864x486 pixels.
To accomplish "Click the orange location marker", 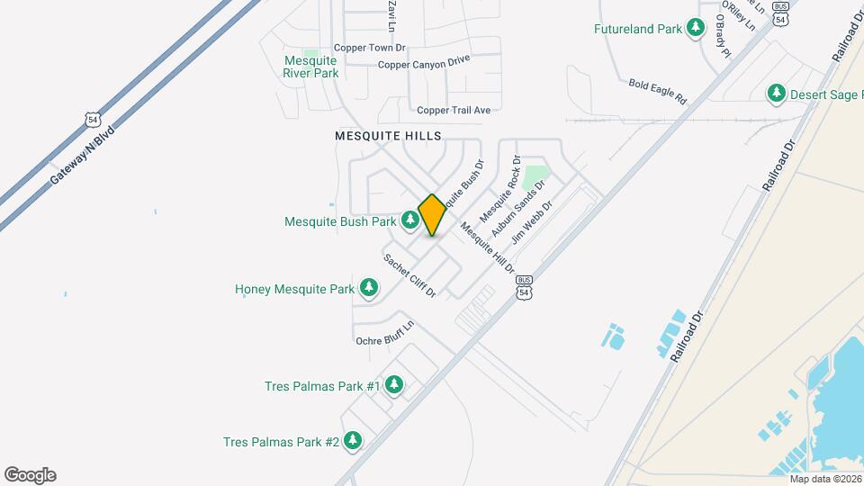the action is pyautogui.click(x=432, y=215).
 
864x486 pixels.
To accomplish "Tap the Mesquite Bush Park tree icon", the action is pyautogui.click(x=410, y=219).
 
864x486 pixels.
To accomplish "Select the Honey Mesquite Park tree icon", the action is pyautogui.click(x=368, y=288).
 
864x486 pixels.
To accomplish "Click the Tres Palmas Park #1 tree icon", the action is pyautogui.click(x=393, y=385).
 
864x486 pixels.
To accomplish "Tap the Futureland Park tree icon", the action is pyautogui.click(x=695, y=29).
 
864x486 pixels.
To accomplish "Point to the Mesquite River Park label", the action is pyautogui.click(x=311, y=67).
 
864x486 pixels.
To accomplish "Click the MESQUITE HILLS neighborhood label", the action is pyautogui.click(x=388, y=136).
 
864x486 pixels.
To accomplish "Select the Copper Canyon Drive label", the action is pyautogui.click(x=424, y=64).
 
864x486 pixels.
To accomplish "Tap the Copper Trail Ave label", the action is pyautogui.click(x=453, y=110).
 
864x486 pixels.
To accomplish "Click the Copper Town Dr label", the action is pyautogui.click(x=369, y=48).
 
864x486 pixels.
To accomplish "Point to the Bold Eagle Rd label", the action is pyautogui.click(x=657, y=90).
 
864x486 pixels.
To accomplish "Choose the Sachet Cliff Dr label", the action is pyautogui.click(x=409, y=275).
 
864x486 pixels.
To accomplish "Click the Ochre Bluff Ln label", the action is pyautogui.click(x=384, y=334).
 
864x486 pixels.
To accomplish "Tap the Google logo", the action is pyautogui.click(x=30, y=475).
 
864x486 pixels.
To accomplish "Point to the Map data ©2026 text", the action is pyautogui.click(x=824, y=479).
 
